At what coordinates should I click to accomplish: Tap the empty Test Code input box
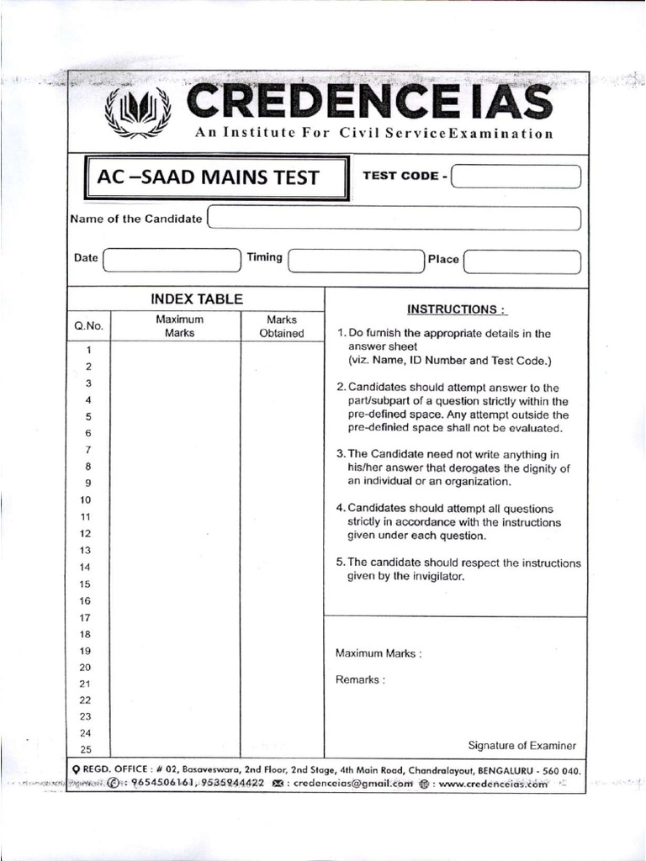(516, 177)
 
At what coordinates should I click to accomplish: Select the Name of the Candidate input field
(394, 219)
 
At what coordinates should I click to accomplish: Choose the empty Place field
(522, 261)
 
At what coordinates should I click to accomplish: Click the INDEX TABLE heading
(196, 298)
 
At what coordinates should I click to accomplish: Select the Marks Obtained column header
(281, 326)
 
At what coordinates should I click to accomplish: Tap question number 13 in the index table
(85, 550)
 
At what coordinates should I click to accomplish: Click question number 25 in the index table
(85, 749)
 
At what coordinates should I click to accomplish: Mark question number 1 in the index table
(87, 350)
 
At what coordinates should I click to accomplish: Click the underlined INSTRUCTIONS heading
(457, 309)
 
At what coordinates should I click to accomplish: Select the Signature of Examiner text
(522, 745)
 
